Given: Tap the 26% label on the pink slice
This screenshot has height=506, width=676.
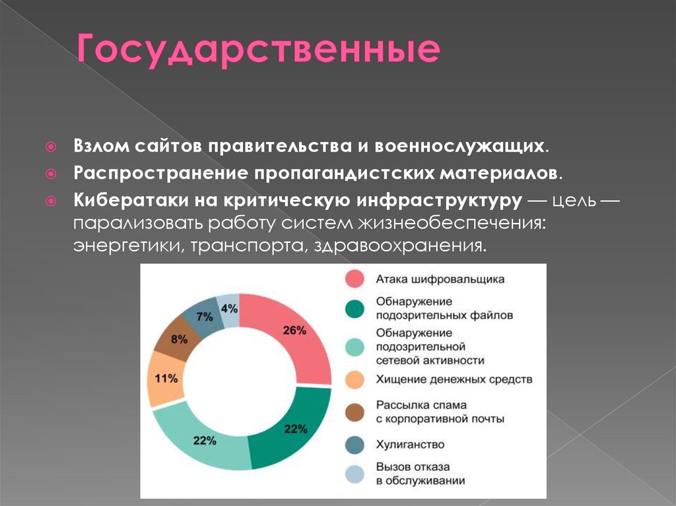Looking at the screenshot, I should point(294,331).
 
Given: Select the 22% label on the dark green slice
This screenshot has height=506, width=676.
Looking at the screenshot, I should point(295,428).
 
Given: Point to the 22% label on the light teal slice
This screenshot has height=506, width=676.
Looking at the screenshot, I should point(205,441).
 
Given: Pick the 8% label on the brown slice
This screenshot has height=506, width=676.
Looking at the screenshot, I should point(179,339).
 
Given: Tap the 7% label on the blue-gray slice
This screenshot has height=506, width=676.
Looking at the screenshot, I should point(204,316).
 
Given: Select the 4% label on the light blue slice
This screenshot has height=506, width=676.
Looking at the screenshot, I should point(229,307).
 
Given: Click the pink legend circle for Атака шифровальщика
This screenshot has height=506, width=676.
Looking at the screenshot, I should point(355,278).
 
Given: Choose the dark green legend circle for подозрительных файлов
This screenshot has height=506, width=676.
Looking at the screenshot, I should point(355,308).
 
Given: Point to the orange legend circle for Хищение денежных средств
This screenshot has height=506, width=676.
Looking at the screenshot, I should point(355,379).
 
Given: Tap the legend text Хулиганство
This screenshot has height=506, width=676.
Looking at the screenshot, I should point(410,444).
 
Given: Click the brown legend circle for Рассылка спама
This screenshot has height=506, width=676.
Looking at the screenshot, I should point(355,412).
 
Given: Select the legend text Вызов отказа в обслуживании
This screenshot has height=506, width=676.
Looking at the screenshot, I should point(421,474).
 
